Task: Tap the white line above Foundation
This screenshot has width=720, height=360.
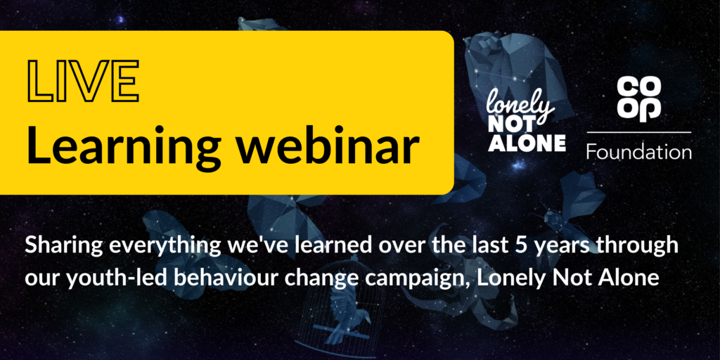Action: click(x=638, y=132)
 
